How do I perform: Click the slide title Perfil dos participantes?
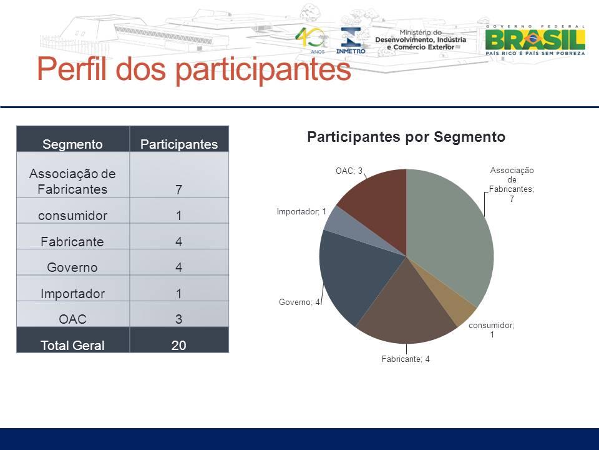pos(194,69)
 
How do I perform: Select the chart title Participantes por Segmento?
pos(406,137)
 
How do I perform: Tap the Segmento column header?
pos(72,144)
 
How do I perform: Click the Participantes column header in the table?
pos(179,144)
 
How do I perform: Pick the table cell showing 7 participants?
pos(179,189)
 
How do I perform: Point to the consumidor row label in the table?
pos(72,216)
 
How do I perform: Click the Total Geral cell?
pos(72,345)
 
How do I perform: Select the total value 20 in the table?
pos(179,345)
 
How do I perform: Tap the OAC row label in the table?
pos(72,319)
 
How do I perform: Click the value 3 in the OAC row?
pos(179,319)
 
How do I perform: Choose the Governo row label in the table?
pos(72,267)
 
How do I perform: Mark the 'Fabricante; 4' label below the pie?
pos(406,359)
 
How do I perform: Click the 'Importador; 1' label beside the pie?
pos(301,212)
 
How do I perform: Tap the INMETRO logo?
pos(351,40)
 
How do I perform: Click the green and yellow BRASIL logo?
pos(535,40)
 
